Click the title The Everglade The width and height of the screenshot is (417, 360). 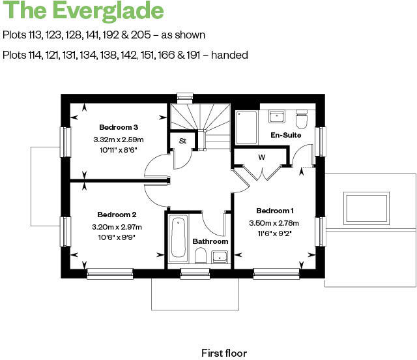(83, 11)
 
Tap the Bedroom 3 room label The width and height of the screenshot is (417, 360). (118, 127)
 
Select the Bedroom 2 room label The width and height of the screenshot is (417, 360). (117, 215)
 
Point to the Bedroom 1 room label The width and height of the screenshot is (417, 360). (274, 211)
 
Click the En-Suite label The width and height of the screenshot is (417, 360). (285, 136)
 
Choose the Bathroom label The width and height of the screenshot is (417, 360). (210, 242)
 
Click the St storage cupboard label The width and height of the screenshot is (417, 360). (182, 140)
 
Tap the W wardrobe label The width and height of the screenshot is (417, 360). (261, 157)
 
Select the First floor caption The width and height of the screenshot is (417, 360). (223, 353)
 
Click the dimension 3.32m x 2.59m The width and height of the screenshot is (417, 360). (118, 140)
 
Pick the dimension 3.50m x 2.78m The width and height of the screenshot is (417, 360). (274, 222)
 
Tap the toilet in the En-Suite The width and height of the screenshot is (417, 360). (301, 121)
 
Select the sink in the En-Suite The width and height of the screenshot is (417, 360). (277, 117)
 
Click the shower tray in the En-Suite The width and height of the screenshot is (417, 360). (246, 127)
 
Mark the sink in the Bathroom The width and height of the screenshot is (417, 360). (220, 256)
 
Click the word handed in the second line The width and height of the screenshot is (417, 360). (231, 55)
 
